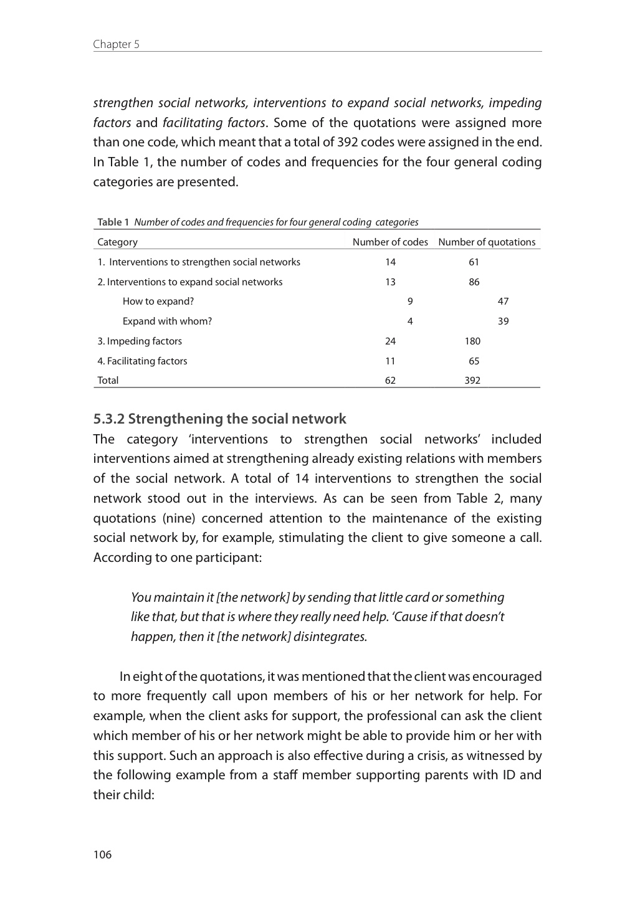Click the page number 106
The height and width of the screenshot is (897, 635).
pyautogui.click(x=102, y=854)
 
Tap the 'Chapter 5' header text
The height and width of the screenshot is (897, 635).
pyautogui.click(x=116, y=44)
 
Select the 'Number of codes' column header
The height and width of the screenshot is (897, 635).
pyautogui.click(x=390, y=242)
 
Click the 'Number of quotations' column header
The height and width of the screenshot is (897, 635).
pyautogui.click(x=487, y=242)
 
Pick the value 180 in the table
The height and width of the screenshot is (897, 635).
pyautogui.click(x=472, y=341)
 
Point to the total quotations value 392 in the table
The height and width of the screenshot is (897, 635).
pyautogui.click(x=472, y=380)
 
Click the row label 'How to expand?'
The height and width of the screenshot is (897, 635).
pyautogui.click(x=158, y=301)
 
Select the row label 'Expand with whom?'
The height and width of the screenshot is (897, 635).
pyautogui.click(x=167, y=321)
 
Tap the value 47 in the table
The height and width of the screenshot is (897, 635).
pyautogui.click(x=503, y=301)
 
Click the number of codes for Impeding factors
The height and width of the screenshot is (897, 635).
pyautogui.click(x=390, y=341)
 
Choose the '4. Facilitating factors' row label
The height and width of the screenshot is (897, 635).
pyautogui.click(x=142, y=361)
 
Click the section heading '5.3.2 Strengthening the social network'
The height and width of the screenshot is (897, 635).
pyautogui.click(x=219, y=419)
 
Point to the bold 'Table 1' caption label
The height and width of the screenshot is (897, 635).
pyautogui.click(x=113, y=222)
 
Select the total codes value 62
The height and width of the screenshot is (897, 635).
pyautogui.click(x=390, y=380)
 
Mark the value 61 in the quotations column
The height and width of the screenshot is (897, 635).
pyautogui.click(x=474, y=262)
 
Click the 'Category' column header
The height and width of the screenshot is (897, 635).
pyautogui.click(x=117, y=242)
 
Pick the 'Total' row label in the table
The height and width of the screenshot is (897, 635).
pyautogui.click(x=108, y=380)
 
